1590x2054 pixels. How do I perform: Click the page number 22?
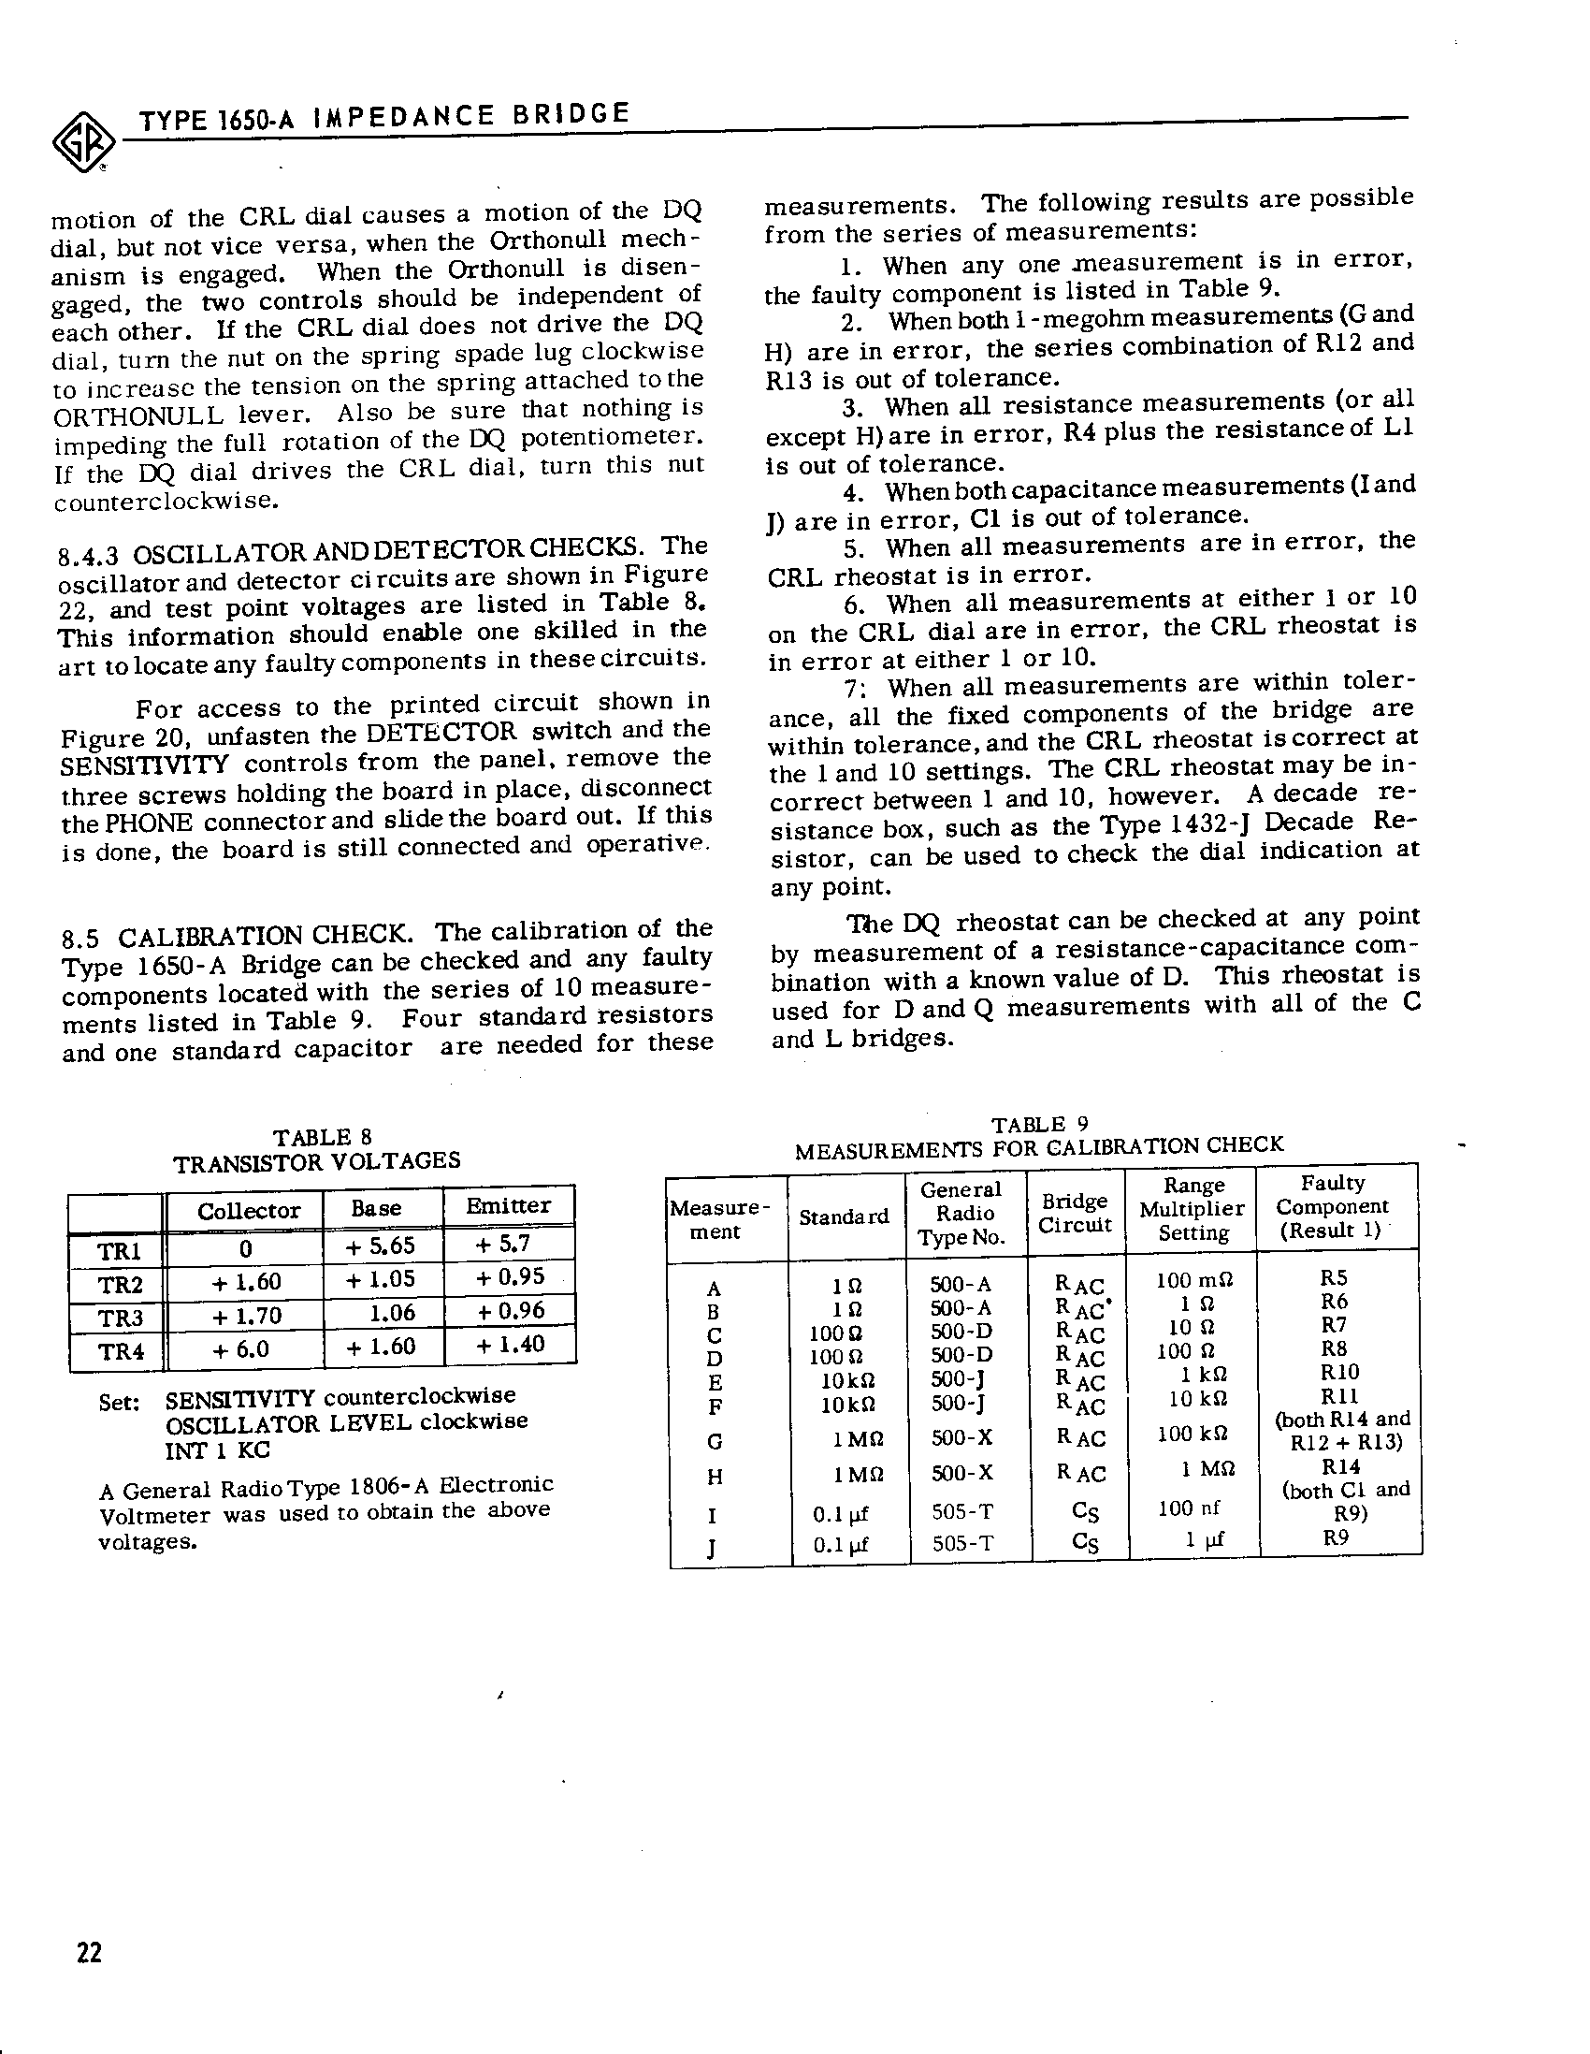click(x=89, y=1953)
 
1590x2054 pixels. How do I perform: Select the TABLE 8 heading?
click(x=322, y=1137)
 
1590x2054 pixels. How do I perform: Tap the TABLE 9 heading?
click(x=1040, y=1125)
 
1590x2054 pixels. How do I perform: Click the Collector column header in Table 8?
click(x=248, y=1210)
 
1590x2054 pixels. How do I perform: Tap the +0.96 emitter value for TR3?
click(x=510, y=1310)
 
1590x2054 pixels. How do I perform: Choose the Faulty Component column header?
click(x=1332, y=1206)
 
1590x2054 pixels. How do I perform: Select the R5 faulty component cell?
click(x=1334, y=1278)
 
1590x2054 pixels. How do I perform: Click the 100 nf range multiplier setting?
click(x=1189, y=1508)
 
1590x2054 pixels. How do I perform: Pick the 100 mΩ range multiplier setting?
click(x=1193, y=1280)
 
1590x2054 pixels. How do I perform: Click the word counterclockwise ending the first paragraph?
click(x=166, y=502)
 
